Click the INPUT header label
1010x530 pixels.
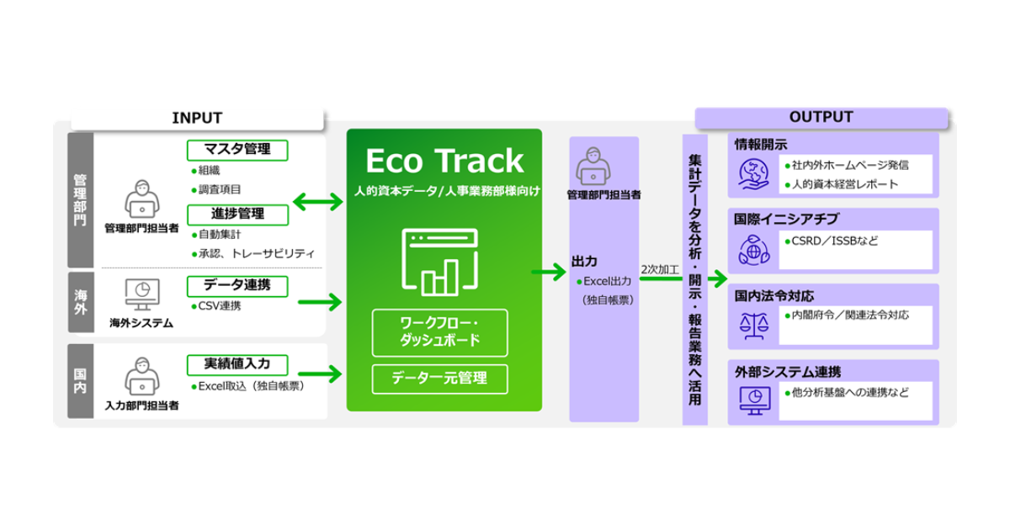(197, 119)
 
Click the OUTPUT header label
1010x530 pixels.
(821, 118)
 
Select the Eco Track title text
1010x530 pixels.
(444, 161)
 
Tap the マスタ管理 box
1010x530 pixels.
(237, 150)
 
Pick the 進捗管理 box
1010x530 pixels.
(237, 215)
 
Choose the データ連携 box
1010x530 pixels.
(237, 285)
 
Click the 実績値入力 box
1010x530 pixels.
(237, 365)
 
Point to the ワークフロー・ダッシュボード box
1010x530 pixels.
(439, 332)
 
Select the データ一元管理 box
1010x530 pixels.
(439, 379)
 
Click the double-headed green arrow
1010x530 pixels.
(317, 202)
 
